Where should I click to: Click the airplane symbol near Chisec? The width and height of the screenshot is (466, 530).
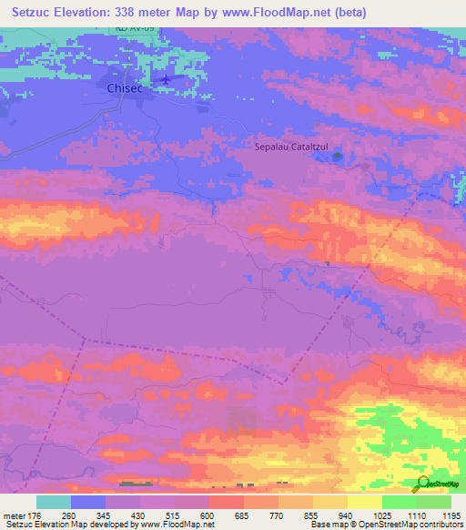click(x=165, y=79)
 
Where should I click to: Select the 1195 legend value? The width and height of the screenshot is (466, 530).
click(x=441, y=515)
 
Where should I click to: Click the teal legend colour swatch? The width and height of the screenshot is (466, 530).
click(x=54, y=502)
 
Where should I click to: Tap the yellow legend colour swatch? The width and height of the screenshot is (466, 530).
click(x=364, y=502)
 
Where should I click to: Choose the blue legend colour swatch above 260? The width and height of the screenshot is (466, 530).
click(x=88, y=502)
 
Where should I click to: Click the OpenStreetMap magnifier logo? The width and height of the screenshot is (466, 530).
click(x=422, y=482)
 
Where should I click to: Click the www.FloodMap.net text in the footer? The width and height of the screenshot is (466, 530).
click(x=173, y=525)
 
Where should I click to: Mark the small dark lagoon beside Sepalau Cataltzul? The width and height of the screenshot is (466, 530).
click(x=338, y=157)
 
